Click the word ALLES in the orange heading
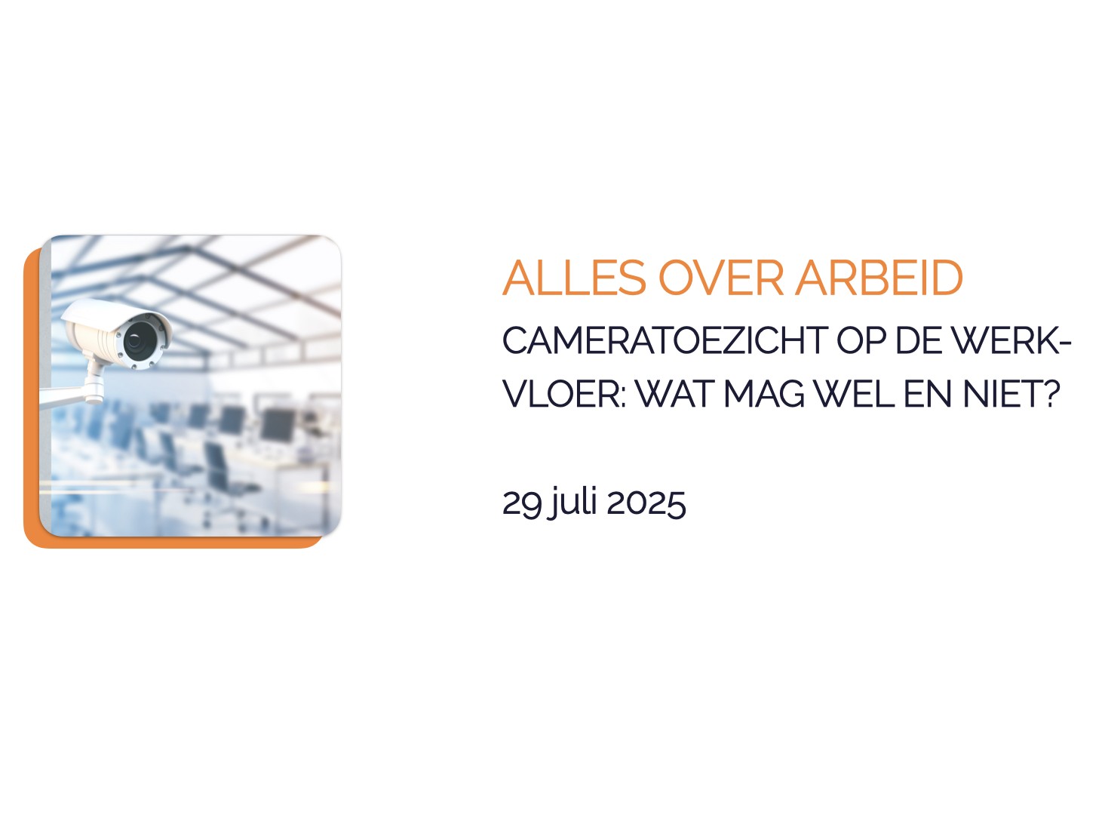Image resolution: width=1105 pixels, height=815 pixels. [574, 278]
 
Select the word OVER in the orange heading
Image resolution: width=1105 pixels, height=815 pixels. [721, 278]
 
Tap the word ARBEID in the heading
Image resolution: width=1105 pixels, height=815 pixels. [879, 278]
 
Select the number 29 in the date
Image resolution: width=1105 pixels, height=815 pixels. [523, 505]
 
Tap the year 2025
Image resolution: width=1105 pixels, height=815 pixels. [646, 503]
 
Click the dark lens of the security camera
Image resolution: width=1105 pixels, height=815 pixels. [140, 340]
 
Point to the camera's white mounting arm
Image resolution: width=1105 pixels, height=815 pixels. [74, 390]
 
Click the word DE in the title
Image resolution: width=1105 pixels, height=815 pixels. [917, 340]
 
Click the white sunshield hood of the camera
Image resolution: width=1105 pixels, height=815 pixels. [113, 316]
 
